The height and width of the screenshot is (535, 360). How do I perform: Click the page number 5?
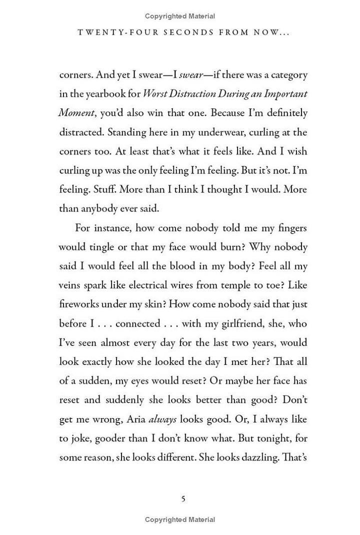tap(183, 498)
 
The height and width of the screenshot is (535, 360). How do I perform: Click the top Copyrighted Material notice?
tap(180, 16)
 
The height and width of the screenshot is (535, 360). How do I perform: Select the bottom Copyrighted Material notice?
tap(180, 519)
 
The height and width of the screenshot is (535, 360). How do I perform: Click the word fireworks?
tap(79, 304)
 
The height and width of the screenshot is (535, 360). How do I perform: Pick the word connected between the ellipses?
tap(137, 323)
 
